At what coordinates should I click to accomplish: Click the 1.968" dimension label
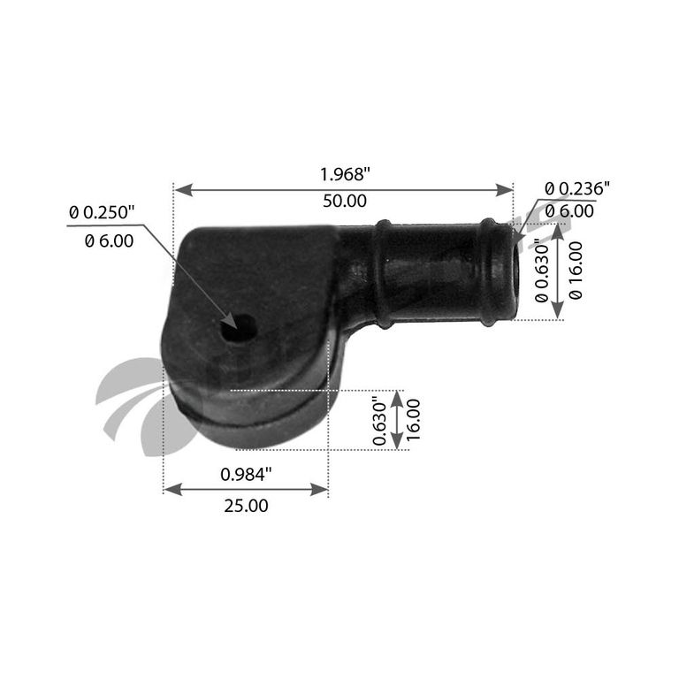click(345, 174)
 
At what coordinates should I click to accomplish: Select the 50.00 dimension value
click(345, 201)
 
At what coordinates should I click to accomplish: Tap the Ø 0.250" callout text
click(103, 212)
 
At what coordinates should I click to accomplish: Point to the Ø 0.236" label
click(577, 188)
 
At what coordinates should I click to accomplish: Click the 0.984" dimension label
click(246, 475)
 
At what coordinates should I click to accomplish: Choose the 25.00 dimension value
click(246, 506)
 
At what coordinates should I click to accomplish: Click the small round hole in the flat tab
click(239, 329)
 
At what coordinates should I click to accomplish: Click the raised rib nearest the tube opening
click(488, 272)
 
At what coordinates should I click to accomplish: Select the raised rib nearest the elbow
click(384, 274)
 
